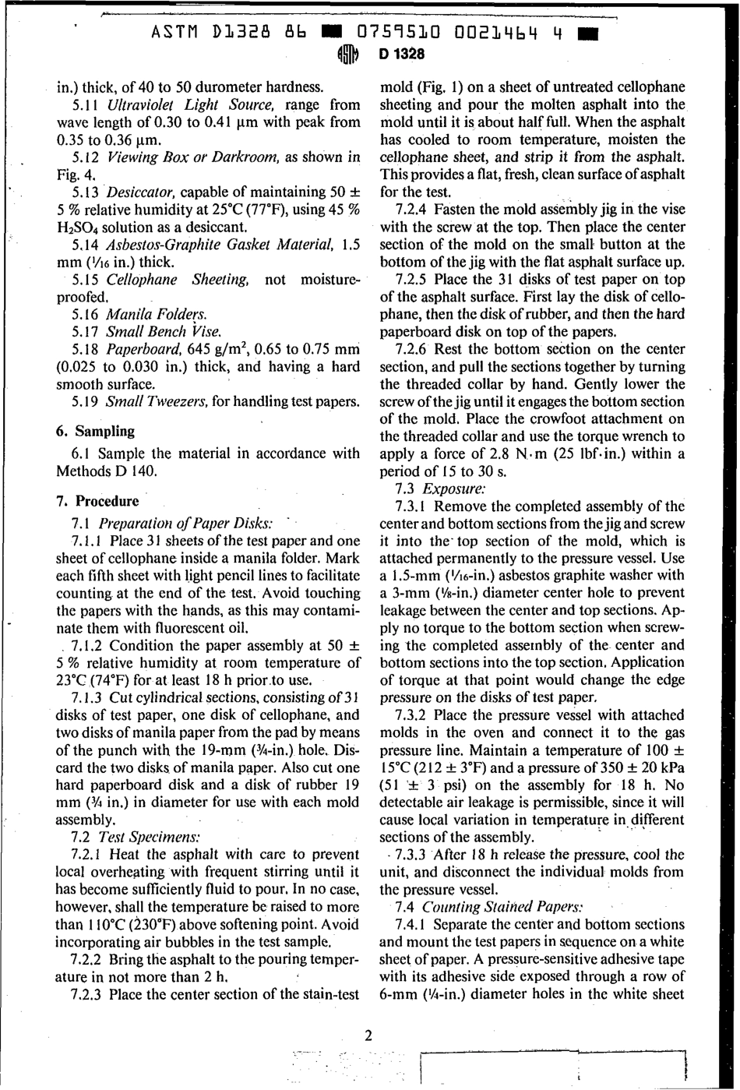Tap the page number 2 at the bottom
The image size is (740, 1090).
(368, 1035)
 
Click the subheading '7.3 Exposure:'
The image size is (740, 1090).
(441, 489)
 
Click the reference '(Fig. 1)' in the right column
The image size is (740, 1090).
(437, 87)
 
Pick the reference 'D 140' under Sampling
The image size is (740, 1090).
(136, 471)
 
